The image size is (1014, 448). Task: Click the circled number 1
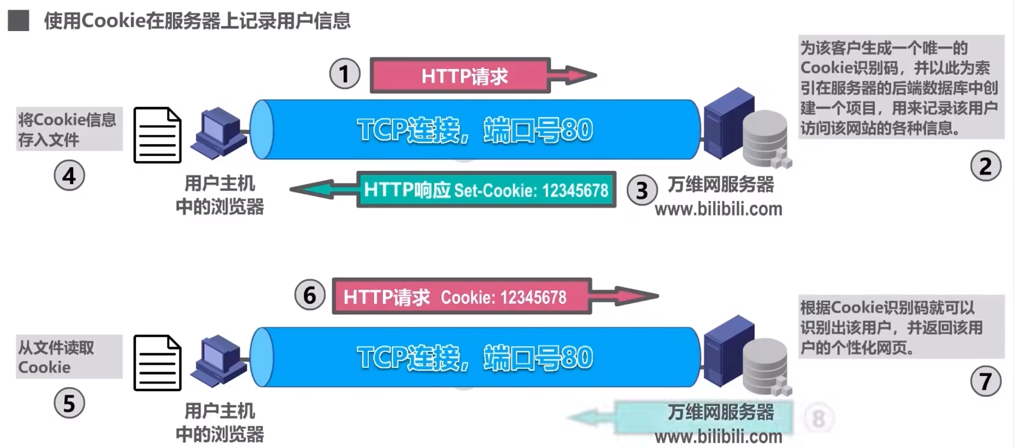[x=344, y=74]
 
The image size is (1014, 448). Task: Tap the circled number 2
[x=986, y=166]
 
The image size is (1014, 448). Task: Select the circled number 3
[x=642, y=190]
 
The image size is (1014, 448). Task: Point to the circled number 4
[x=69, y=176]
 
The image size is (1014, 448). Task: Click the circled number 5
[x=69, y=403]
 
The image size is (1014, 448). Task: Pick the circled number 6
[x=309, y=295]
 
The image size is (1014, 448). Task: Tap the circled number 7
[x=986, y=381]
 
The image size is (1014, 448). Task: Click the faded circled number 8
[x=818, y=419]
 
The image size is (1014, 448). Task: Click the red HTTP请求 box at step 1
[x=460, y=76]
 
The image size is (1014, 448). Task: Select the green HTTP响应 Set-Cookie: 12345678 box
[x=486, y=190]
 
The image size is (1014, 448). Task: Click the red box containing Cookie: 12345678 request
[x=461, y=297]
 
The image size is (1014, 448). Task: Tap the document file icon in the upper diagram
[x=157, y=135]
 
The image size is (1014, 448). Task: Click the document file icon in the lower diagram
[x=157, y=363]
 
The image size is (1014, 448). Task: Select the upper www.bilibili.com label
[x=718, y=209]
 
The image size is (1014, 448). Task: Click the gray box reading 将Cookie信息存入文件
[x=69, y=129]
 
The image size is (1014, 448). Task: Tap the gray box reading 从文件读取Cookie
[x=69, y=357]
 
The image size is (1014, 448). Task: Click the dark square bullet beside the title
[x=19, y=21]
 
